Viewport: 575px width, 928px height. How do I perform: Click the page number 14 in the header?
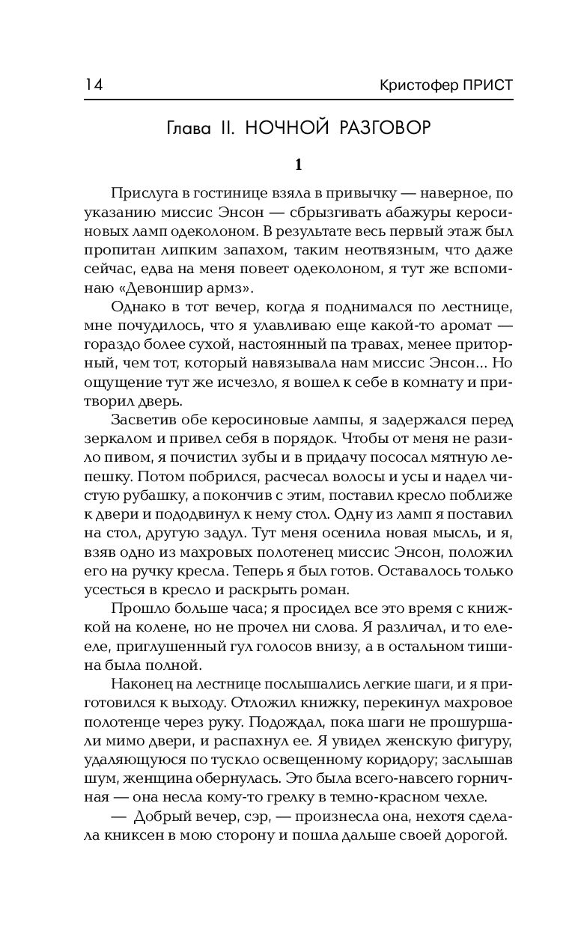point(94,85)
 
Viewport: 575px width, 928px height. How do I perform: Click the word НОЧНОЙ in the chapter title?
point(288,127)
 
